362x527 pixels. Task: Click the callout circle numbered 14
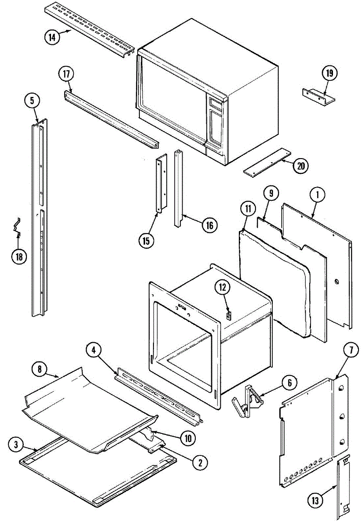click(x=52, y=37)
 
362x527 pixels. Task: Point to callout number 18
click(x=19, y=257)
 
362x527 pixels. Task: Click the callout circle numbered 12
click(x=222, y=287)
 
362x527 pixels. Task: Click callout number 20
click(x=301, y=166)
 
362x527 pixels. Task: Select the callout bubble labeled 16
click(x=209, y=225)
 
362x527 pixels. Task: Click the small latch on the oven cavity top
click(x=228, y=315)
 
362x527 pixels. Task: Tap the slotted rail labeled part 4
click(x=158, y=395)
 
